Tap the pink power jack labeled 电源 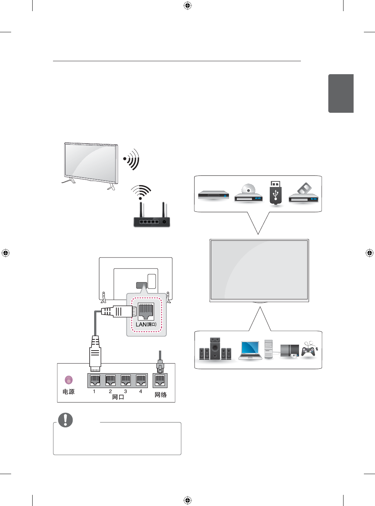click(x=69, y=380)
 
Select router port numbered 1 click(x=95, y=380)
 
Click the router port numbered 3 click(x=126, y=380)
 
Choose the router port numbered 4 click(x=141, y=380)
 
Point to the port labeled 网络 click(x=160, y=380)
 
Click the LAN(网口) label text click(x=146, y=324)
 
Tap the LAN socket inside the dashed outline click(x=146, y=311)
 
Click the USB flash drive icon click(x=275, y=193)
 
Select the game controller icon click(x=308, y=350)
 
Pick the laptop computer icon click(x=250, y=350)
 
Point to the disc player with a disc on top click(x=248, y=194)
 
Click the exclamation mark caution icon click(x=66, y=420)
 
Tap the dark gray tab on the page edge click(x=341, y=93)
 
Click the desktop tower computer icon click(x=269, y=349)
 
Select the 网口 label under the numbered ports click(x=118, y=397)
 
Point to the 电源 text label click(x=69, y=392)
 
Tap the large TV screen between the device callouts click(x=259, y=270)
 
